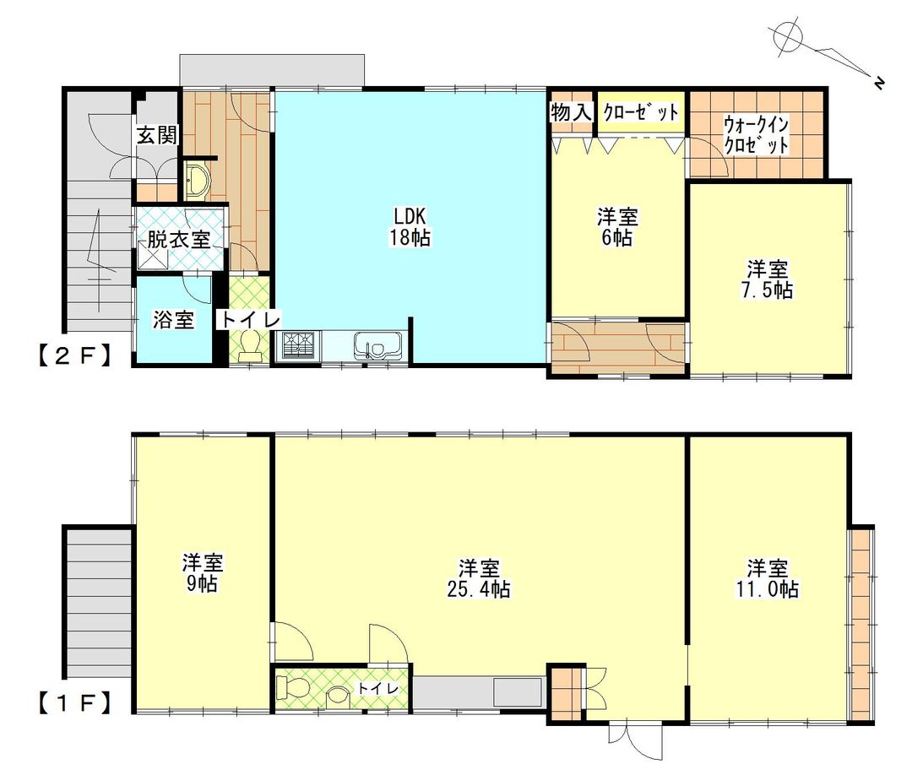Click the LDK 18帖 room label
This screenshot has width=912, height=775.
click(x=410, y=225)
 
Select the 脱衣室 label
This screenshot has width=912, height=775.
click(x=178, y=239)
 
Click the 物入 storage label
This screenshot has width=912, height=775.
click(x=572, y=111)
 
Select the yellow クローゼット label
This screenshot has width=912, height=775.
click(x=640, y=112)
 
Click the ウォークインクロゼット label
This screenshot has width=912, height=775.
click(x=757, y=135)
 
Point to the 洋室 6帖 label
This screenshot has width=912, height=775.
click(x=617, y=227)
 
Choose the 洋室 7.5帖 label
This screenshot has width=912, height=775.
click(x=768, y=279)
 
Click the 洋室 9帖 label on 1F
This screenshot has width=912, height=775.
click(x=204, y=572)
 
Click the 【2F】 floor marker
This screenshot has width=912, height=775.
click(x=73, y=355)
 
